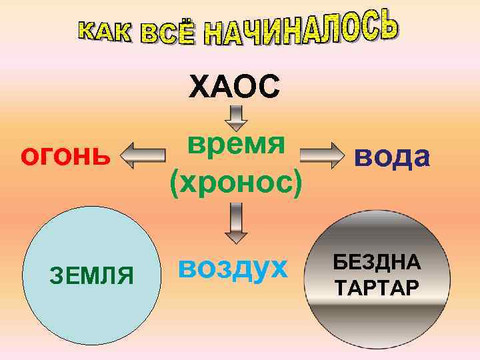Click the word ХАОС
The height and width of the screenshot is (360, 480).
[234, 87]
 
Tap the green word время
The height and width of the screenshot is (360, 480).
[236, 143]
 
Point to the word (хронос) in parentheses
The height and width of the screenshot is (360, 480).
[236, 181]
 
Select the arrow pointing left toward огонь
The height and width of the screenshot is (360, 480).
[144, 156]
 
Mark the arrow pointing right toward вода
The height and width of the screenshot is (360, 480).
[321, 156]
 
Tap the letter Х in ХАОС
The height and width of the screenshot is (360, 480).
[200, 87]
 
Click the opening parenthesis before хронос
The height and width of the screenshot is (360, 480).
[175, 182]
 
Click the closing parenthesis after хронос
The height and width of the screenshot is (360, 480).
[297, 182]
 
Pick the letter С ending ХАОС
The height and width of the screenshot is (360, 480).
[268, 87]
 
